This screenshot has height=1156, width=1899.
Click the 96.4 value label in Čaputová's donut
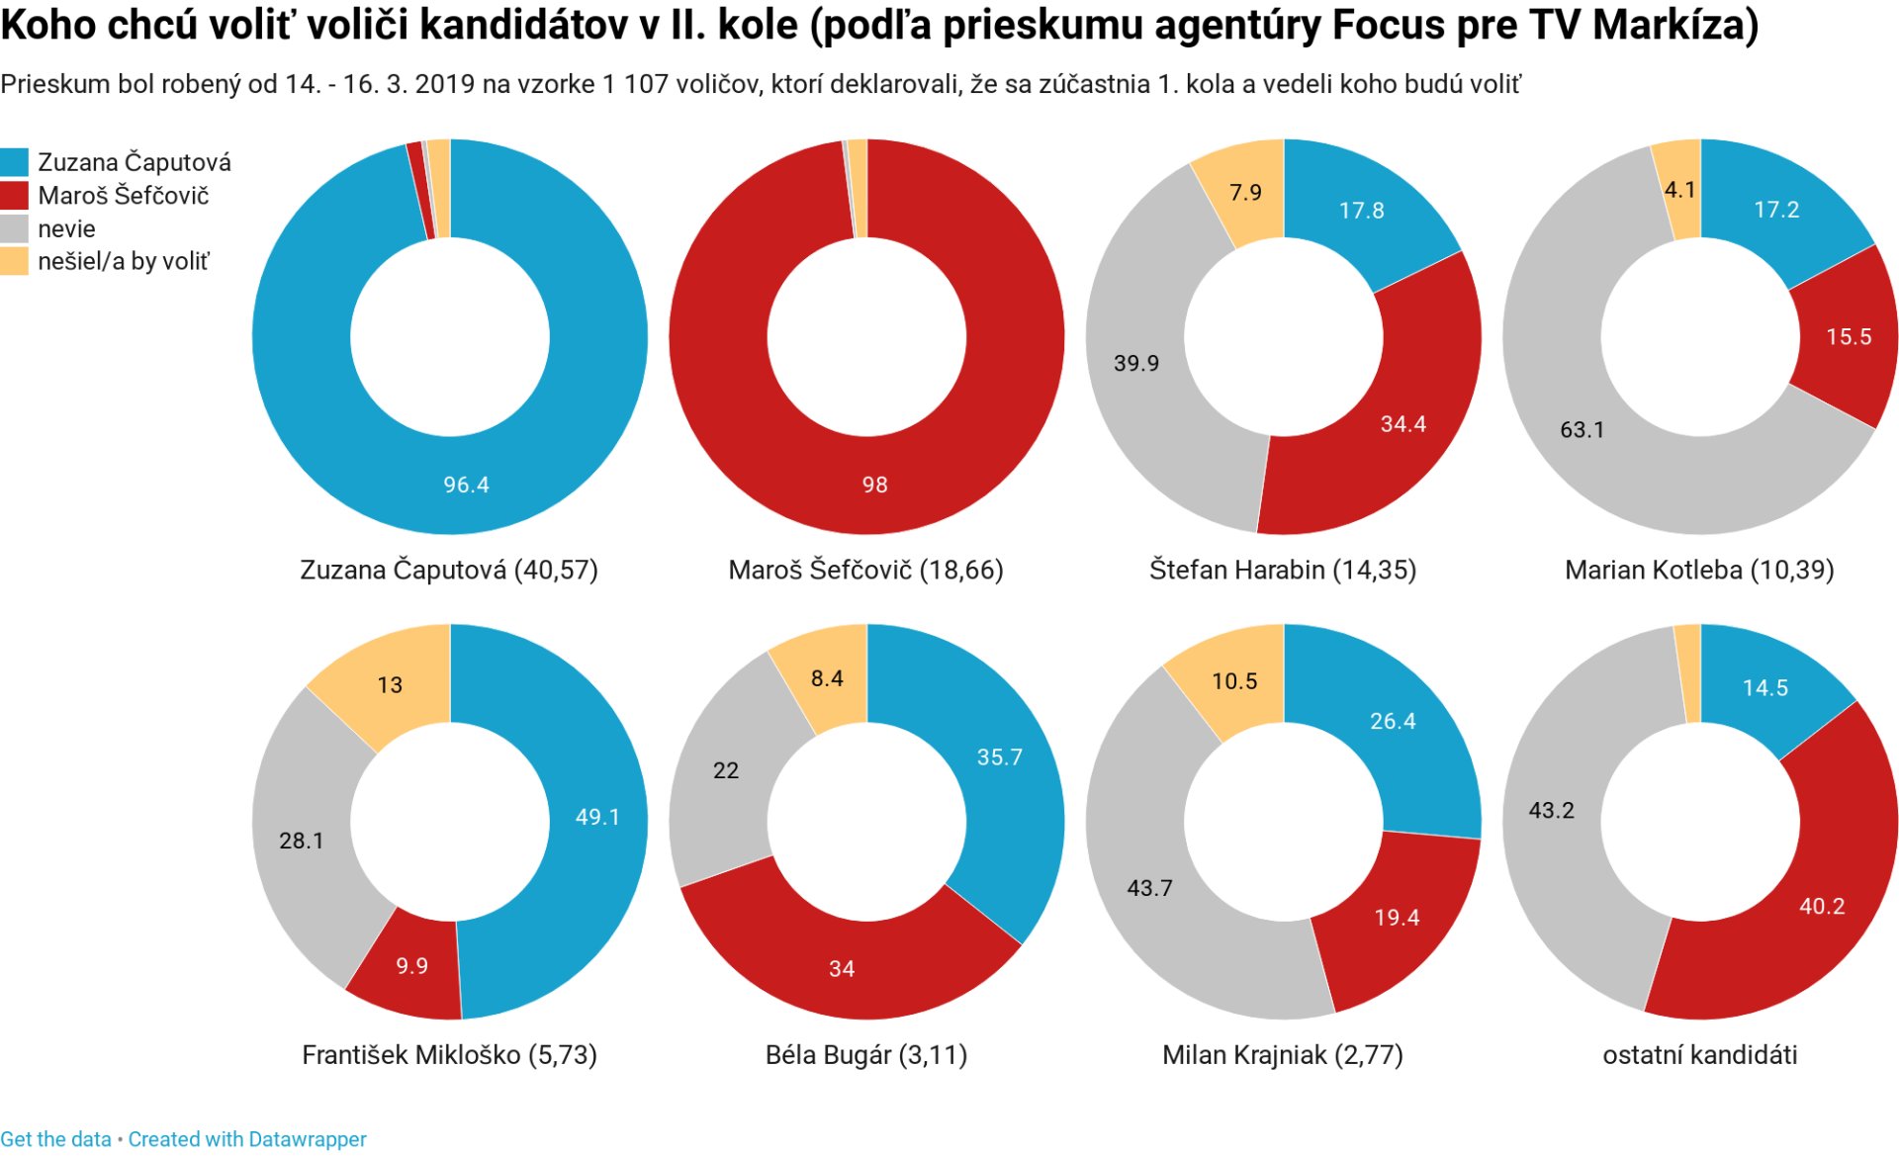pos(466,485)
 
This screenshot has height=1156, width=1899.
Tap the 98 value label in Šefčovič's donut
pos(874,485)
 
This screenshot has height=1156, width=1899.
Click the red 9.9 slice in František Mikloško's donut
pos(410,965)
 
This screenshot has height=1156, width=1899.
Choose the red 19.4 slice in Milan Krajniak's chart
pos(1396,918)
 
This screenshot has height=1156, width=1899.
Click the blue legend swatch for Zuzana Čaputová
pos(14,162)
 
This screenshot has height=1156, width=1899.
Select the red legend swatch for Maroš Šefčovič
pos(14,196)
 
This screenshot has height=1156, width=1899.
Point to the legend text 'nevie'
pos(66,228)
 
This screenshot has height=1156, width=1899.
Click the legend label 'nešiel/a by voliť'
pos(124,261)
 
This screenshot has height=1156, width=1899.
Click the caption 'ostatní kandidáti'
pos(1699,1054)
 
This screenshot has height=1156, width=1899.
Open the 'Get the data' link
pos(56,1139)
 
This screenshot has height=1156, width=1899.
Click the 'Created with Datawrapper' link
pos(247,1139)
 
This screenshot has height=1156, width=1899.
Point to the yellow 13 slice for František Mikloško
pos(390,684)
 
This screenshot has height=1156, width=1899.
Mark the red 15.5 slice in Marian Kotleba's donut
pos(1848,336)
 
